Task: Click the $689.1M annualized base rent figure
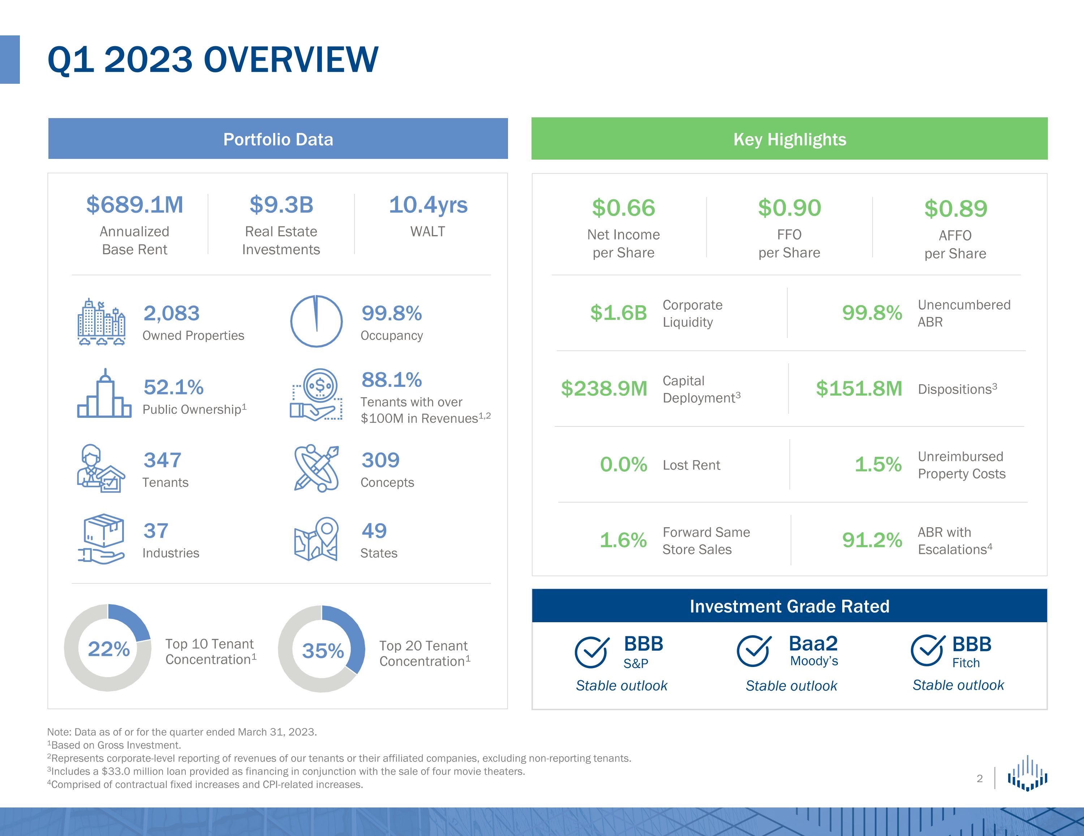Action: [134, 205]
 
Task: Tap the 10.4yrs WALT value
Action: [428, 205]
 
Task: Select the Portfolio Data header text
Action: [278, 139]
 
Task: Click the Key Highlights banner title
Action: [789, 139]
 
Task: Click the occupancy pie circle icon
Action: [316, 321]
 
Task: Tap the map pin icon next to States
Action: [316, 539]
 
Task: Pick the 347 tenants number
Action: [162, 460]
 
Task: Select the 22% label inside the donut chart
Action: [109, 649]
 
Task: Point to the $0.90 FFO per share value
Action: [789, 208]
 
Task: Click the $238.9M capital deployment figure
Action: [604, 389]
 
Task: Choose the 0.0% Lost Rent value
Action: [623, 464]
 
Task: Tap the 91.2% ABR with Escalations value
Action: [872, 540]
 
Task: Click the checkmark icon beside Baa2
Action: [753, 651]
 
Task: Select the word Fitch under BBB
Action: [966, 663]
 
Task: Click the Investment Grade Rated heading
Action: [789, 606]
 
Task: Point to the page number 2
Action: [979, 779]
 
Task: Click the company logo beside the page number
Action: [1027, 773]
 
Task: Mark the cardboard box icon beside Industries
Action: [103, 531]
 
